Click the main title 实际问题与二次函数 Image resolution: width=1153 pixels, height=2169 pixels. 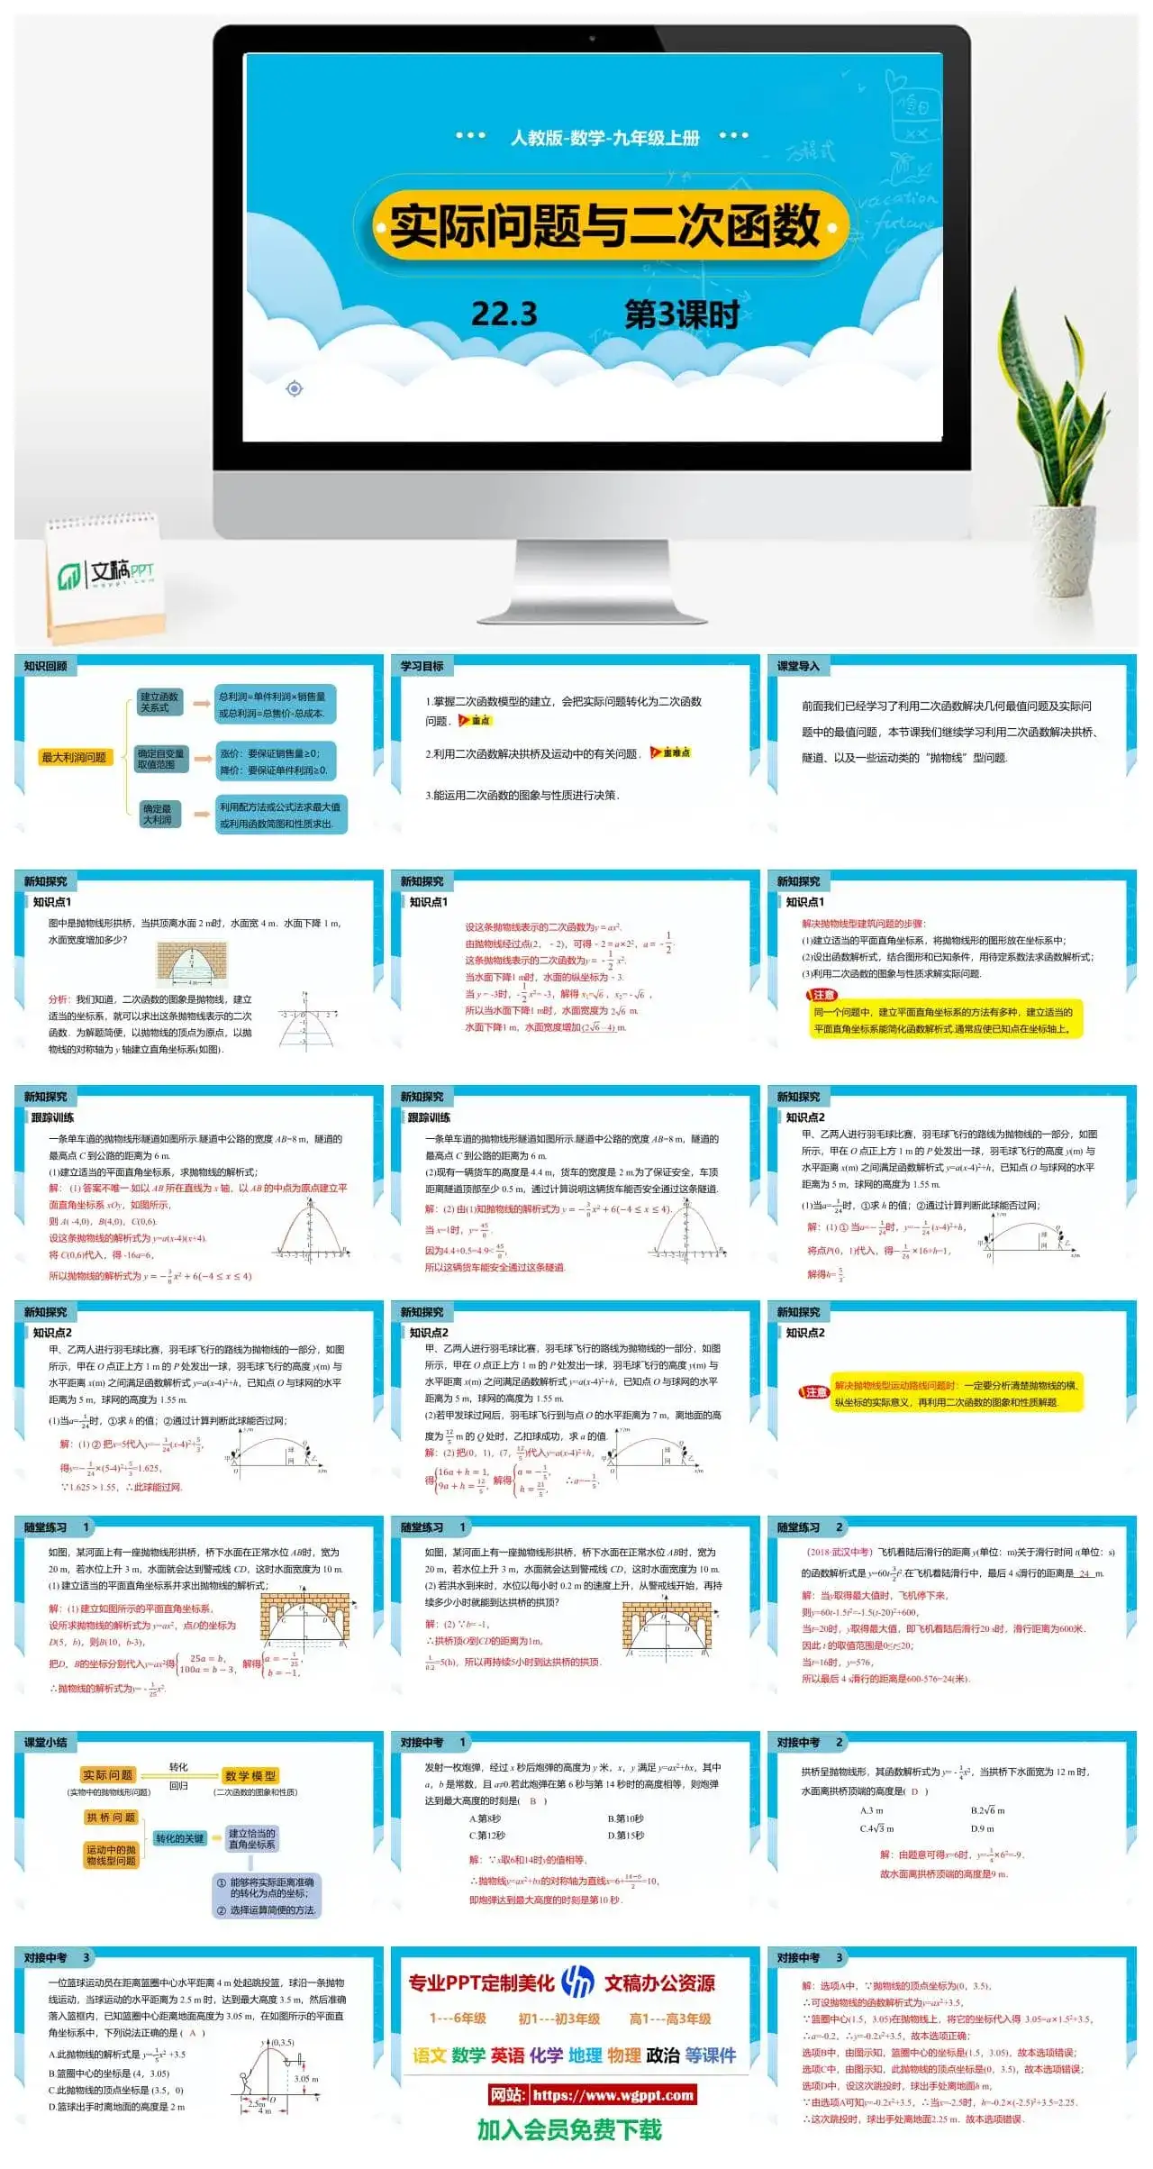[x=605, y=225]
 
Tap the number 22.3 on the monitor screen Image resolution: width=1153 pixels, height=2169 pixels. [x=504, y=314]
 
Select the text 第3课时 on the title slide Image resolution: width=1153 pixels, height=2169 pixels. [x=682, y=314]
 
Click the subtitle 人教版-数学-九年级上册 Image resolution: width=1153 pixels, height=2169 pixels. [x=604, y=137]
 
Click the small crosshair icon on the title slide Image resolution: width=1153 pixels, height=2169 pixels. [x=294, y=388]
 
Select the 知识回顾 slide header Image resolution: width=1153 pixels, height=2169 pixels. [x=46, y=666]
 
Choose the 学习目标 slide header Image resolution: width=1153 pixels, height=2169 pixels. [x=422, y=666]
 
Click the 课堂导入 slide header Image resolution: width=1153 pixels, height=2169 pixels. [x=799, y=666]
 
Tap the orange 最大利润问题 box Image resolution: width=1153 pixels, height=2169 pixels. [x=74, y=757]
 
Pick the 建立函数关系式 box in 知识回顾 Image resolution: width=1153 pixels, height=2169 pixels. [x=159, y=702]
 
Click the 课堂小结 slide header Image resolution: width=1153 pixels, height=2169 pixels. [x=46, y=1742]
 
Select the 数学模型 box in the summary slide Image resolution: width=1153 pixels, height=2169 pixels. [x=250, y=1775]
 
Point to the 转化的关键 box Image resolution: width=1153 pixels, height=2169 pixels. [x=179, y=1838]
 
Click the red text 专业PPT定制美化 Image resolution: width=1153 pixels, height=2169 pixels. [x=481, y=1982]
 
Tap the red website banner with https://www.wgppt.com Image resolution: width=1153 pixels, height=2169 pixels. [x=593, y=2095]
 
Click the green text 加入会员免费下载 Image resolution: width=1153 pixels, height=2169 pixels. [x=569, y=2129]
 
